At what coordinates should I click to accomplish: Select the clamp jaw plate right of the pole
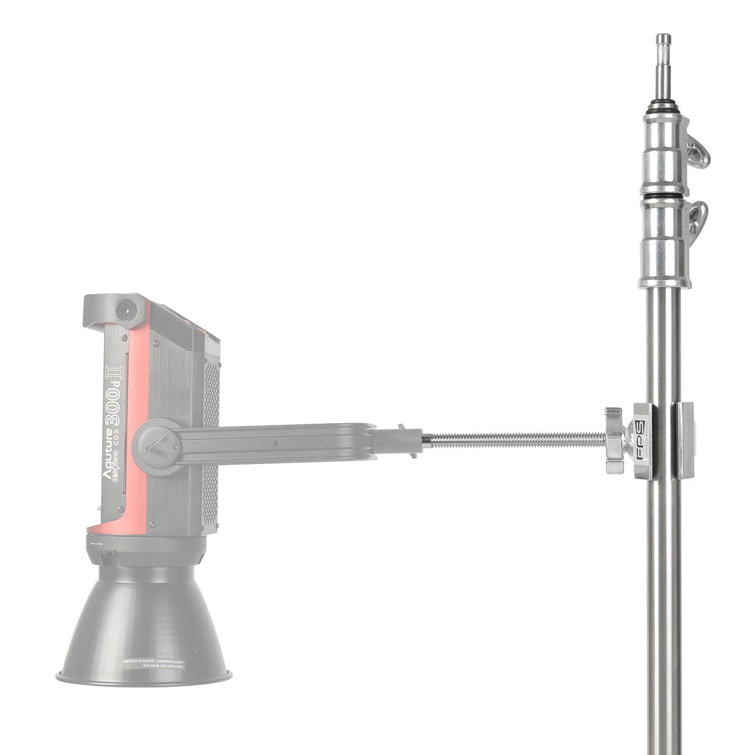click(685, 440)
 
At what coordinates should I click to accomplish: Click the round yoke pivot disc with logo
click(156, 448)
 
